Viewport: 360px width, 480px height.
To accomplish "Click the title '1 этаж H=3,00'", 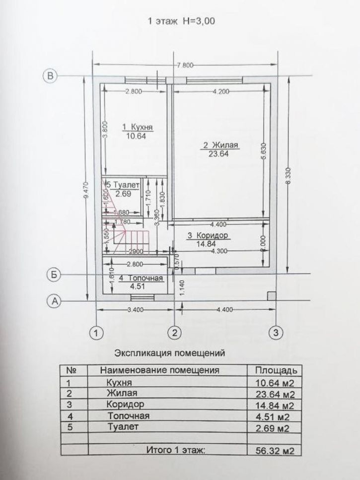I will tap(181, 21).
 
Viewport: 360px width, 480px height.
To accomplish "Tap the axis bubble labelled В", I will tap(50, 75).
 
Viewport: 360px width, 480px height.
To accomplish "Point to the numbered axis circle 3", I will tap(276, 332).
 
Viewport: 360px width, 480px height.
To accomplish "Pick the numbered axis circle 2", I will tap(174, 332).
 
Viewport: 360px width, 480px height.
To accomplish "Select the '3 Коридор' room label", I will tap(208, 235).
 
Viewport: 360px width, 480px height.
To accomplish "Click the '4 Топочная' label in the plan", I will tap(137, 277).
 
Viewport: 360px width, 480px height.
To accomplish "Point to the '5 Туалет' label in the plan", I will tap(121, 185).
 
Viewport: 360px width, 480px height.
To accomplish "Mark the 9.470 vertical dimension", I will tap(87, 189).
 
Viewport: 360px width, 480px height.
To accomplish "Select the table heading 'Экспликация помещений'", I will tap(170, 354).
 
